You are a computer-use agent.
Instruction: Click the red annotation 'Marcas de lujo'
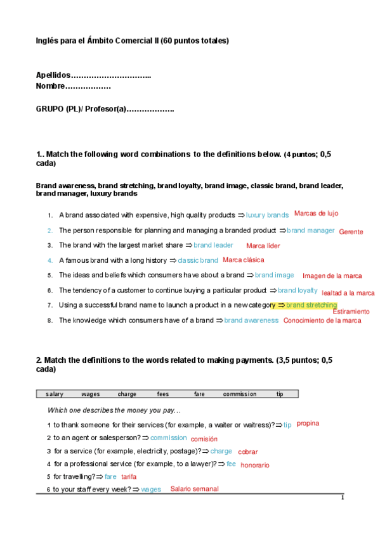point(316,213)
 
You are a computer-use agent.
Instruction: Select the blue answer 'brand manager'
point(311,231)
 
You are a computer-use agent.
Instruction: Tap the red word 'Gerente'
point(351,232)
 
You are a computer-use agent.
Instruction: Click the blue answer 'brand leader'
point(213,245)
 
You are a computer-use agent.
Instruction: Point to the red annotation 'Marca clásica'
point(244,260)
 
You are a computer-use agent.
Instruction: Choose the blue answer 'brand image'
point(275,275)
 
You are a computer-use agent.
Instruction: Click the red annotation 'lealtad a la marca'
point(348,293)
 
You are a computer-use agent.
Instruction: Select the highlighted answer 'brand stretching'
point(311,305)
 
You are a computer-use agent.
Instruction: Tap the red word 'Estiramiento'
point(351,312)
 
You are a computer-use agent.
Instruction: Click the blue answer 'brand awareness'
point(251,320)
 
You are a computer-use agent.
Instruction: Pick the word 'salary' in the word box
point(55,394)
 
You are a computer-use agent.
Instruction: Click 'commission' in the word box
point(240,394)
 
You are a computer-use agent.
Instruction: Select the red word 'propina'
point(308,423)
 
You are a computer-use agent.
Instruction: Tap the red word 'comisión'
point(204,438)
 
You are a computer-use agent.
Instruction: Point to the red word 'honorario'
point(255,465)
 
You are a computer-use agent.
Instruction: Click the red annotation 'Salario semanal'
point(194,489)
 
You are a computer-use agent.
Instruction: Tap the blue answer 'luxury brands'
point(267,215)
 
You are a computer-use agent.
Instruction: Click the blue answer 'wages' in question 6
point(151,490)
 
